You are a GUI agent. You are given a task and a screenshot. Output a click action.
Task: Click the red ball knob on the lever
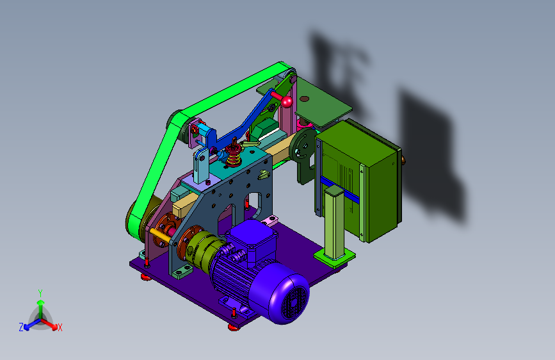point(287,102)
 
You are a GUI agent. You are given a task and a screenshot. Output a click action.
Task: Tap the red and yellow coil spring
point(234,156)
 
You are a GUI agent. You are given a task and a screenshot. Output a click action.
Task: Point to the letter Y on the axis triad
point(40,293)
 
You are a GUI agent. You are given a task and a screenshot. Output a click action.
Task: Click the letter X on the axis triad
point(60,327)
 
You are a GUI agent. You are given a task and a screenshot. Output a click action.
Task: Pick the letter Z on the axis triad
point(21,327)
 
